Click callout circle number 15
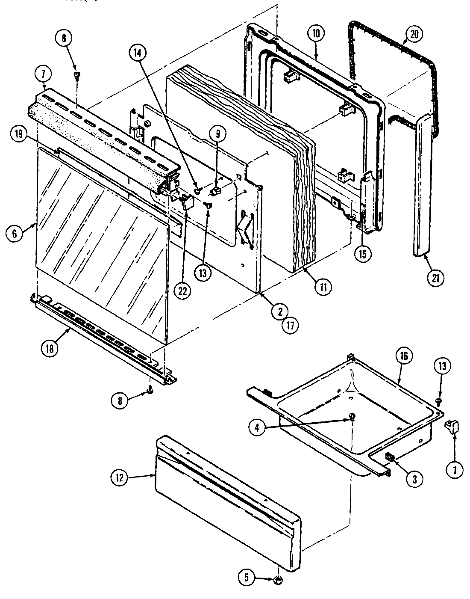click(x=362, y=254)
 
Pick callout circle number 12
click(x=119, y=478)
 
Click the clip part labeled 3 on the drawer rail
click(x=389, y=457)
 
